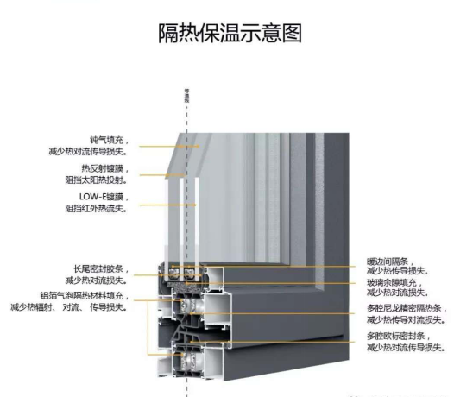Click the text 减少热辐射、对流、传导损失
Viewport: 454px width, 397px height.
[x=69, y=306]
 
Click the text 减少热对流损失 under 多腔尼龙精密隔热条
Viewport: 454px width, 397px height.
[x=400, y=318]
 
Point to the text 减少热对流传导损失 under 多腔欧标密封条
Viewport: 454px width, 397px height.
[x=404, y=346]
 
